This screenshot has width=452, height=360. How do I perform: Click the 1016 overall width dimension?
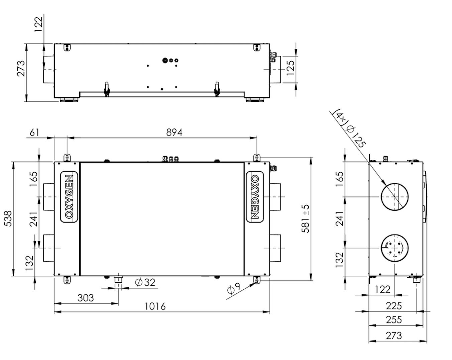tap(155, 306)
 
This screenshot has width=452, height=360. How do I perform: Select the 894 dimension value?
tap(174, 132)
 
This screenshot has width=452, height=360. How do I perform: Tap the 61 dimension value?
tap(34, 132)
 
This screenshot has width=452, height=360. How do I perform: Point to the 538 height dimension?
tap(8, 219)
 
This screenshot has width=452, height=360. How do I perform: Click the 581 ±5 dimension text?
tap(306, 219)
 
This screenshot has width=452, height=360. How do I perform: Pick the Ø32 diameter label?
tap(145, 282)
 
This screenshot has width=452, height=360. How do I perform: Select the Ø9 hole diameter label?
tap(233, 288)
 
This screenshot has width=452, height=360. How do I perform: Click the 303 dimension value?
tap(86, 298)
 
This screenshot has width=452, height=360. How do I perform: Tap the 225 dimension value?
tap(394, 306)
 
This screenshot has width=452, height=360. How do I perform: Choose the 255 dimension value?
tap(394, 320)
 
